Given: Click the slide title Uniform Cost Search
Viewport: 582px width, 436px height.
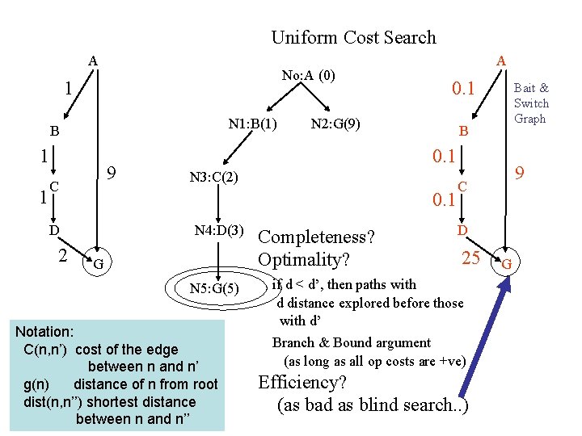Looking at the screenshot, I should pyautogui.click(x=353, y=37).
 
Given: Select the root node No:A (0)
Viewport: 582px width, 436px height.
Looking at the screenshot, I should pyautogui.click(x=308, y=76).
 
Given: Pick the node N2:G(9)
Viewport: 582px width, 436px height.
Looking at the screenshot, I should pyautogui.click(x=335, y=124).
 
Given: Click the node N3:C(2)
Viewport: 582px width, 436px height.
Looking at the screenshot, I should pyautogui.click(x=213, y=178).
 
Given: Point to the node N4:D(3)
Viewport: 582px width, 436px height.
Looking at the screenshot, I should pyautogui.click(x=220, y=232).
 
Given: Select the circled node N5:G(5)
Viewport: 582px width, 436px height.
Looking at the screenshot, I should pyautogui.click(x=214, y=289).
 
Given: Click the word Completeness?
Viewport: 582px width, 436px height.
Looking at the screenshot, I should pyautogui.click(x=315, y=237).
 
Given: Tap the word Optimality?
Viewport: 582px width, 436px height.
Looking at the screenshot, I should pyautogui.click(x=303, y=259).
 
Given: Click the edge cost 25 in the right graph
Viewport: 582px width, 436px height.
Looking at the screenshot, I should pyautogui.click(x=471, y=258).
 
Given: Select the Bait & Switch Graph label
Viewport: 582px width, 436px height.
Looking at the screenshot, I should pyautogui.click(x=531, y=103).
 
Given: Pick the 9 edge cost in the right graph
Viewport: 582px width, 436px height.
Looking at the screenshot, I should pyautogui.click(x=522, y=172).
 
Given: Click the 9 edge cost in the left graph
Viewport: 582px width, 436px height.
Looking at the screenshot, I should pyautogui.click(x=114, y=173).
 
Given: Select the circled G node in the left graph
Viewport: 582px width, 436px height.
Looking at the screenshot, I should pyautogui.click(x=98, y=264).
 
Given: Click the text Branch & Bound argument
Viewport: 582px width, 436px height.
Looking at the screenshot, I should pyautogui.click(x=351, y=342).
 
